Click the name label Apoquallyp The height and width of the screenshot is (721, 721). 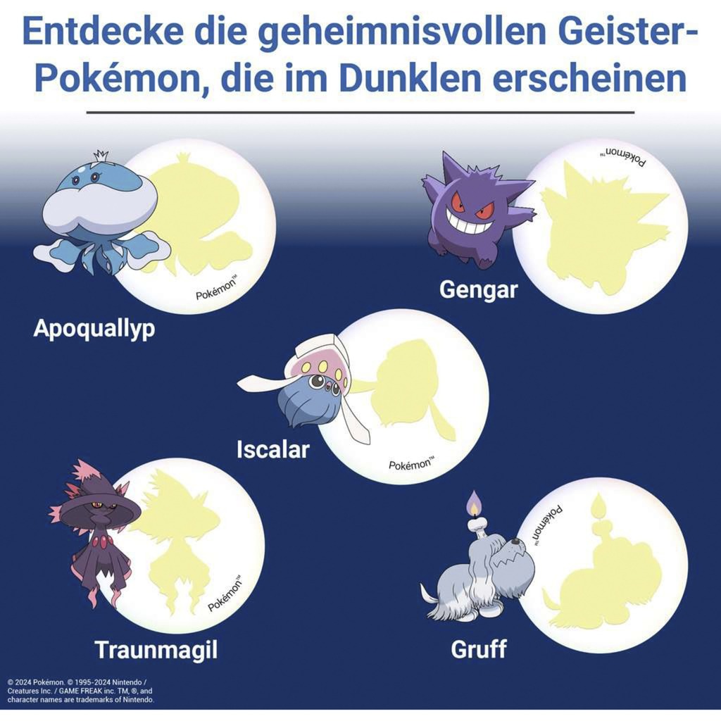click(94, 329)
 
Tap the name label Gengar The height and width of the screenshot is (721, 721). click(478, 289)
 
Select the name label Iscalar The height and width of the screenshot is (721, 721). click(272, 449)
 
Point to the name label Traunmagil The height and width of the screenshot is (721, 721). click(156, 649)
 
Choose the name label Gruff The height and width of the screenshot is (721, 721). click(479, 648)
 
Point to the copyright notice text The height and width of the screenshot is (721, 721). click(81, 691)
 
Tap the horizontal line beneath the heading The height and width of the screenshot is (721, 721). click(360, 111)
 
